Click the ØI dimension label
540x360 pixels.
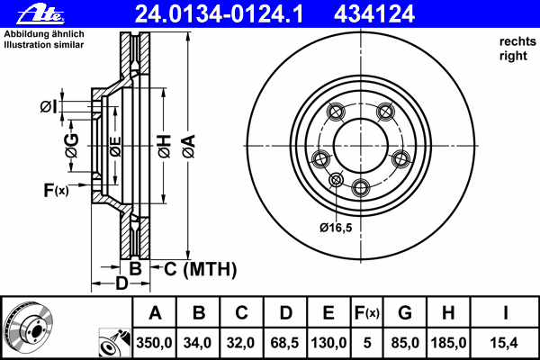[x=49, y=108]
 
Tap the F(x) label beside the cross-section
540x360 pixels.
[x=55, y=189]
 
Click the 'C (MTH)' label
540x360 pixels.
[x=199, y=268]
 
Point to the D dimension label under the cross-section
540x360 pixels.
[x=121, y=284]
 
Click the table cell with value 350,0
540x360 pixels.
[x=155, y=342]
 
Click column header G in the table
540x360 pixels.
[x=404, y=313]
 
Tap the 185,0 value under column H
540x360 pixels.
[x=447, y=342]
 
